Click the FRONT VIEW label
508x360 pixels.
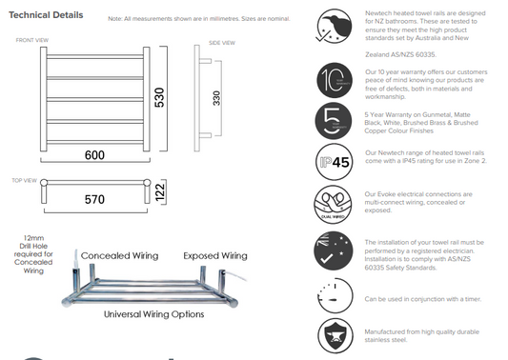(x=30, y=40)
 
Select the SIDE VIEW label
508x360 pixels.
(x=221, y=44)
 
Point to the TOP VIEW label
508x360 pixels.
(x=24, y=178)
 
